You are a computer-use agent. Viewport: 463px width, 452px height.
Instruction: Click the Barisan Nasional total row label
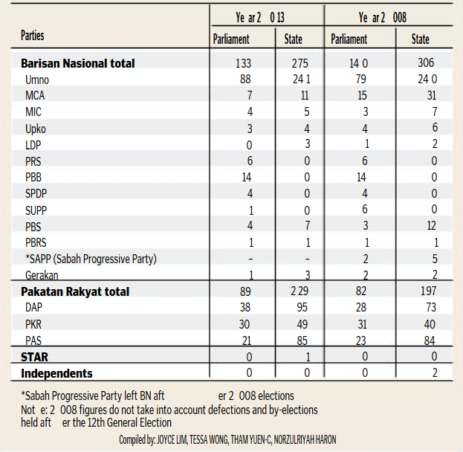pos(78,64)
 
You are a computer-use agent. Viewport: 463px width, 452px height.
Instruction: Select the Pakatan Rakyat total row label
pos(75,291)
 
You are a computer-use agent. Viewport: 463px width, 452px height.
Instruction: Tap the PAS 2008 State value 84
pos(430,340)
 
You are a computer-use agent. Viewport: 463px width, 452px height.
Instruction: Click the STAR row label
pos(35,357)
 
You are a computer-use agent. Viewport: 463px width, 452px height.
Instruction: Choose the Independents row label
pos(56,372)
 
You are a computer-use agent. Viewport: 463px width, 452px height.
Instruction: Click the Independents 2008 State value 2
pos(435,372)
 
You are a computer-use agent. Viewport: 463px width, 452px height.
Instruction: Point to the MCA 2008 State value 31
pos(431,96)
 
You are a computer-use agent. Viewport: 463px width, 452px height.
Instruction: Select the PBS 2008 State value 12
pos(432,226)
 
